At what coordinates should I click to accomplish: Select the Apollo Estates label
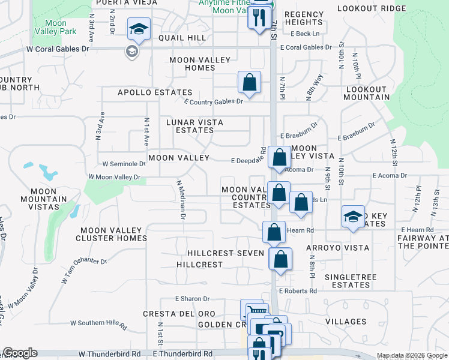[155, 92]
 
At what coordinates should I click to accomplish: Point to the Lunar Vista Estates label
[194, 126]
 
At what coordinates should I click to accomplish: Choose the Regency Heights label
[304, 18]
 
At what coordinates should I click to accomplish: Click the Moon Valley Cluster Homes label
[111, 234]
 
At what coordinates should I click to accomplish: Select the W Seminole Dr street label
[124, 163]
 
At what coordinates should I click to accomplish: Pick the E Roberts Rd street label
[298, 291]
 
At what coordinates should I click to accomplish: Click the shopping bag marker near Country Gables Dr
[249, 82]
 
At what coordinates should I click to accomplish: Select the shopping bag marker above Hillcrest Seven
[274, 232]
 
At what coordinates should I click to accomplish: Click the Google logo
[20, 353]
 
